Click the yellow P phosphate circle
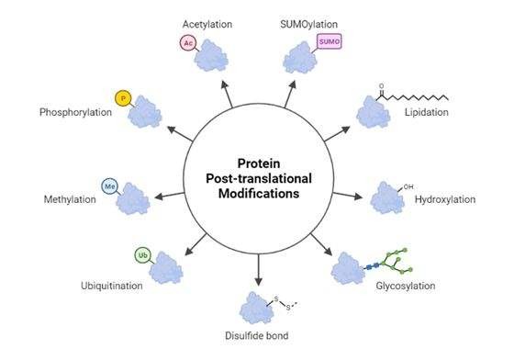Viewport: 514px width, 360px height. point(123,98)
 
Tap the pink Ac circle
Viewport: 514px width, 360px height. point(188,43)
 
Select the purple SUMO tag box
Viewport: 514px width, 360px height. point(330,41)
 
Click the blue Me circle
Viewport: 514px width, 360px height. point(109,186)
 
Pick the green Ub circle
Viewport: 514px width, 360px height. point(143,255)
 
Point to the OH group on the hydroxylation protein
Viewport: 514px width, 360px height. point(408,186)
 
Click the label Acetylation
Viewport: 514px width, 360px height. point(207,24)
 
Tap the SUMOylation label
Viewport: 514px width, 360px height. point(308,24)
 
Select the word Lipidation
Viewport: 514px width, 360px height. point(427,112)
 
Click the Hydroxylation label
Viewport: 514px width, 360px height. point(445,199)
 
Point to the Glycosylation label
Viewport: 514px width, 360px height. point(406,286)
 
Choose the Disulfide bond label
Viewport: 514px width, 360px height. point(257,335)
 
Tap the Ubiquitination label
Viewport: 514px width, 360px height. point(112,286)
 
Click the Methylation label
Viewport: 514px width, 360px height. point(70,199)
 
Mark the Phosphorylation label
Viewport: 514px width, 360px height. point(75,112)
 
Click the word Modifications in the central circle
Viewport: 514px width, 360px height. point(259,194)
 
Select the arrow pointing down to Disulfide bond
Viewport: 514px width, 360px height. point(259,269)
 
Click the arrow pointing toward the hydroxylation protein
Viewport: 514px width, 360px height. point(348,196)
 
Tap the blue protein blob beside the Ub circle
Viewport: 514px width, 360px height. point(166,268)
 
